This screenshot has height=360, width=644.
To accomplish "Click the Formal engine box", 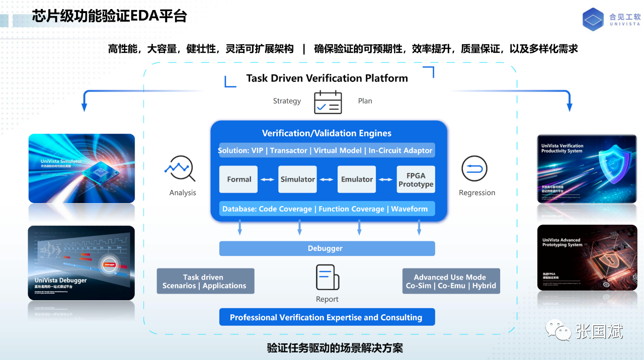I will (238, 179).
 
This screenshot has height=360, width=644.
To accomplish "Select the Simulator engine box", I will (297, 179).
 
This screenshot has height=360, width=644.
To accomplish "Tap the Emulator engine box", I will (357, 179).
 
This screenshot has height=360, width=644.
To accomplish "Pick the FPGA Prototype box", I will (416, 179).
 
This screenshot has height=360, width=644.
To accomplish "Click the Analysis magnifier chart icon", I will (180, 169).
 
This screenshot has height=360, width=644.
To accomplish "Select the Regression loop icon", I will (474, 169).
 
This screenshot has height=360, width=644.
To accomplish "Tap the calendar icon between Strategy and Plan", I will (328, 102).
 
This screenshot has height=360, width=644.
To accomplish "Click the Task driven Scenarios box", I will (205, 281).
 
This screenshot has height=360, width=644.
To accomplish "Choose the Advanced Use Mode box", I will (451, 281).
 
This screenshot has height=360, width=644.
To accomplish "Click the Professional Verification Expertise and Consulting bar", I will (327, 317).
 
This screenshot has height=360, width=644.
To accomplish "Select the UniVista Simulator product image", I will (82, 169).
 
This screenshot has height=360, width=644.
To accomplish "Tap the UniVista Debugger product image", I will (82, 262).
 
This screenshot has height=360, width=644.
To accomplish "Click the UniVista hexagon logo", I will (593, 20).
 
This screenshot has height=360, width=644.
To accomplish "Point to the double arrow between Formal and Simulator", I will (268, 179).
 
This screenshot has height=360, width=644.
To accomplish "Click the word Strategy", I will (287, 101).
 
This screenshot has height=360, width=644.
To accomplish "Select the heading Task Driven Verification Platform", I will (327, 78).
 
